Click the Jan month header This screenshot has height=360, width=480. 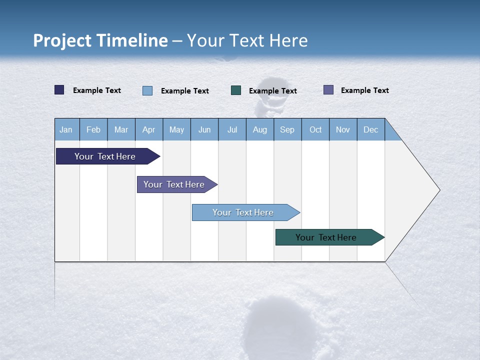pos(66,129)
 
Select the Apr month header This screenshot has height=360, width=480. pos(148,129)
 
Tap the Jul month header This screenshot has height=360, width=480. pos(232,129)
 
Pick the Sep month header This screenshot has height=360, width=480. pos(287,129)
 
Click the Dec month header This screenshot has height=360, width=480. pos(370,129)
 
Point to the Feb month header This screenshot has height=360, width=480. pos(93,129)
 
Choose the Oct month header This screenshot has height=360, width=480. pos(315,129)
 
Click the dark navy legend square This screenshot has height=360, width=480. pos(59,90)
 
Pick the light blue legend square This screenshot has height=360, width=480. pos(147,90)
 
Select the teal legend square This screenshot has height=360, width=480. pos(236,90)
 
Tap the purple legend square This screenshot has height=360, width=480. pos(328,90)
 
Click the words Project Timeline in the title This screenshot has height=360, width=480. pos(100,40)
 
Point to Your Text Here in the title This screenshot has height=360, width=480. pos(247,40)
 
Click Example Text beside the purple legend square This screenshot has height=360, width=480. pos(364,90)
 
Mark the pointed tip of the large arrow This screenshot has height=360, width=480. pos(438,190)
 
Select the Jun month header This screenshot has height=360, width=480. pos(204,129)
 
